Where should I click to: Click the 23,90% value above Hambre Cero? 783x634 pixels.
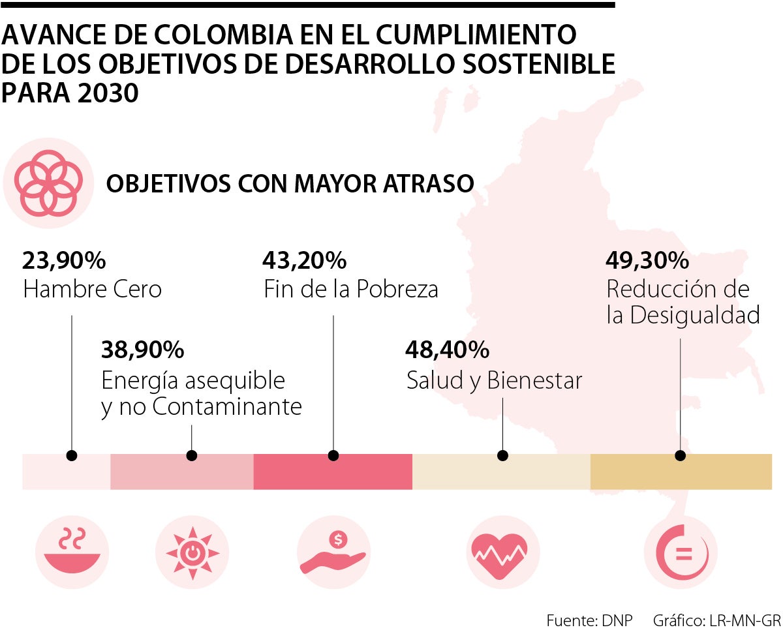64,261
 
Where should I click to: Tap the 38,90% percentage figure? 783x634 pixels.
142,350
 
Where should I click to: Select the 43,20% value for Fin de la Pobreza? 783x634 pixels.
304,261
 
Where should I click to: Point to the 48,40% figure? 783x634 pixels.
447,350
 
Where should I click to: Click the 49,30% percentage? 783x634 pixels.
647,261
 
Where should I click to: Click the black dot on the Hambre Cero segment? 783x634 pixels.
72,455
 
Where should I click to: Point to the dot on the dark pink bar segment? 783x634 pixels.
333,455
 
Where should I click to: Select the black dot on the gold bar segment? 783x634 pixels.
681,455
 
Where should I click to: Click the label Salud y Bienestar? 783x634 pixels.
494,380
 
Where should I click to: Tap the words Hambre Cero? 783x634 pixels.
92,289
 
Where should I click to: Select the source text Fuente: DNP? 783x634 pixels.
589,620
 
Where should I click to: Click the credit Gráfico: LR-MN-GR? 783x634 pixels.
716,620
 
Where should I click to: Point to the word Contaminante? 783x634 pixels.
227,407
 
